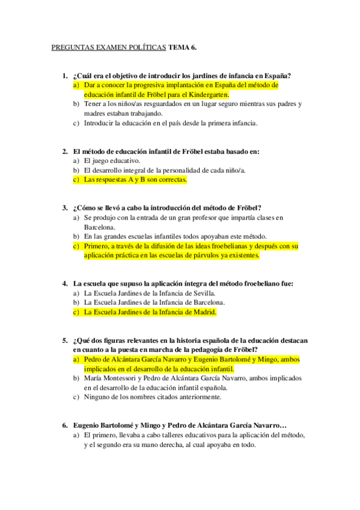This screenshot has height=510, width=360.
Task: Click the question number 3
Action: [65, 207]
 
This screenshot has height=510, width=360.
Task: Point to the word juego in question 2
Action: [102, 161]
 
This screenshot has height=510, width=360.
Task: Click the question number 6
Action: [65, 425]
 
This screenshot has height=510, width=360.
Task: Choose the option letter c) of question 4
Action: [76, 312]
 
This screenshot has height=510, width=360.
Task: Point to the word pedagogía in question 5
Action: [205, 349]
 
